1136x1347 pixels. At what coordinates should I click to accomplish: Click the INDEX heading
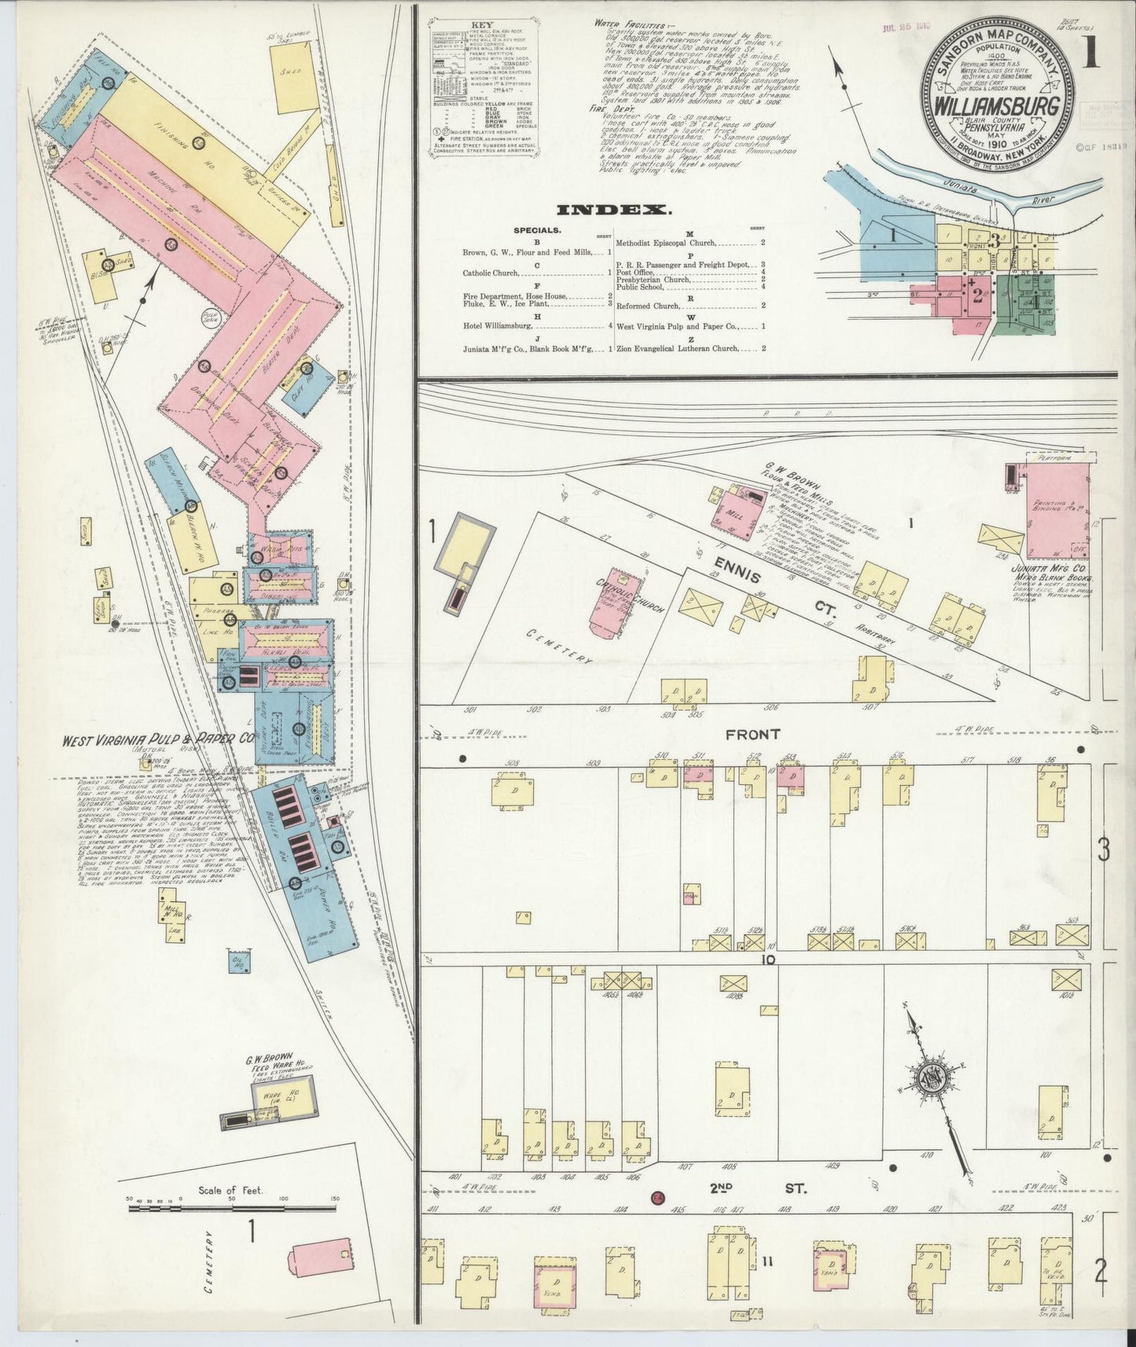tap(613, 210)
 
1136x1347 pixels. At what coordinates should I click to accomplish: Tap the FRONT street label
tap(752, 734)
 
